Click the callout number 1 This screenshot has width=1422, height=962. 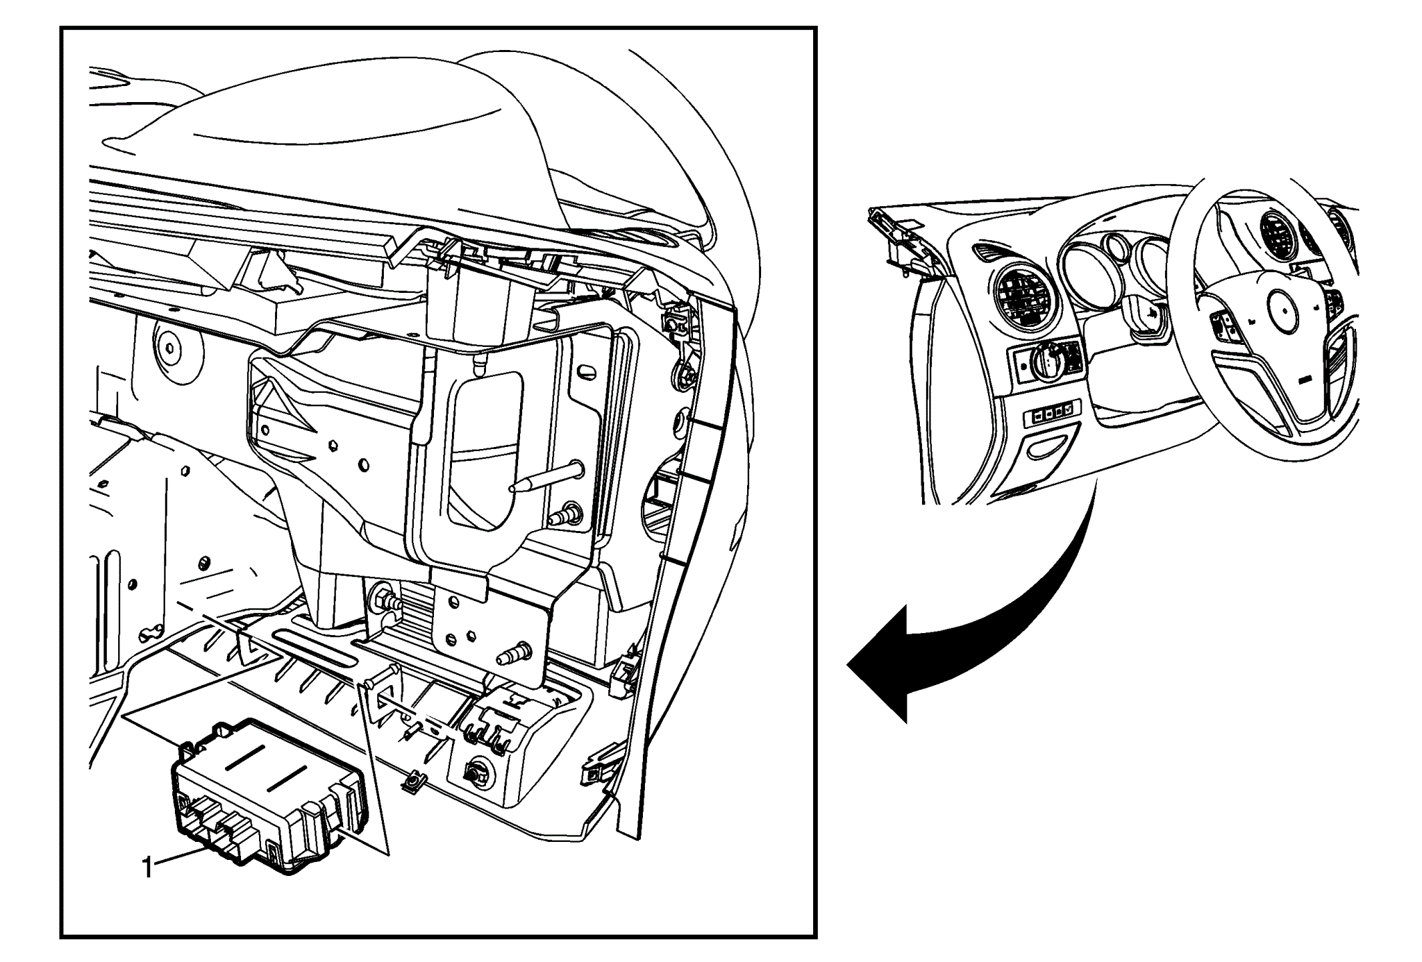pos(148,868)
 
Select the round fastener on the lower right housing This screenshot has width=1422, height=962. pos(475,773)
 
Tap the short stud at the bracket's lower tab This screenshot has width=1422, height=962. pos(518,651)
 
